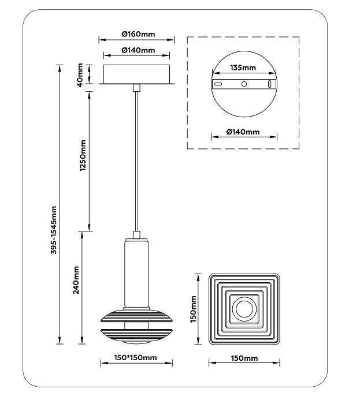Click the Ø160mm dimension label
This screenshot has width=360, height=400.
point(136,33)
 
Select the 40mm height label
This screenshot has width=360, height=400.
point(82,74)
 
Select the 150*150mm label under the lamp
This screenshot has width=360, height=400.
point(136,358)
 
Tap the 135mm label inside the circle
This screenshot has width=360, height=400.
point(243,68)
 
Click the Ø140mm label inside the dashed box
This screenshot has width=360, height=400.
point(243,132)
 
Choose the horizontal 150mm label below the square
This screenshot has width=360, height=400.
point(244,358)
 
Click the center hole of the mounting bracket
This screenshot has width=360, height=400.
point(244,84)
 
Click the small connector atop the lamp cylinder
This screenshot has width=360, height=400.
point(136,235)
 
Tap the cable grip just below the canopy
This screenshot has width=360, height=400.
point(136,88)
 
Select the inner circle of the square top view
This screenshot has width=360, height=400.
point(244,309)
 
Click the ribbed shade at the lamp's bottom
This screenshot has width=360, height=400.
point(136,327)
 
